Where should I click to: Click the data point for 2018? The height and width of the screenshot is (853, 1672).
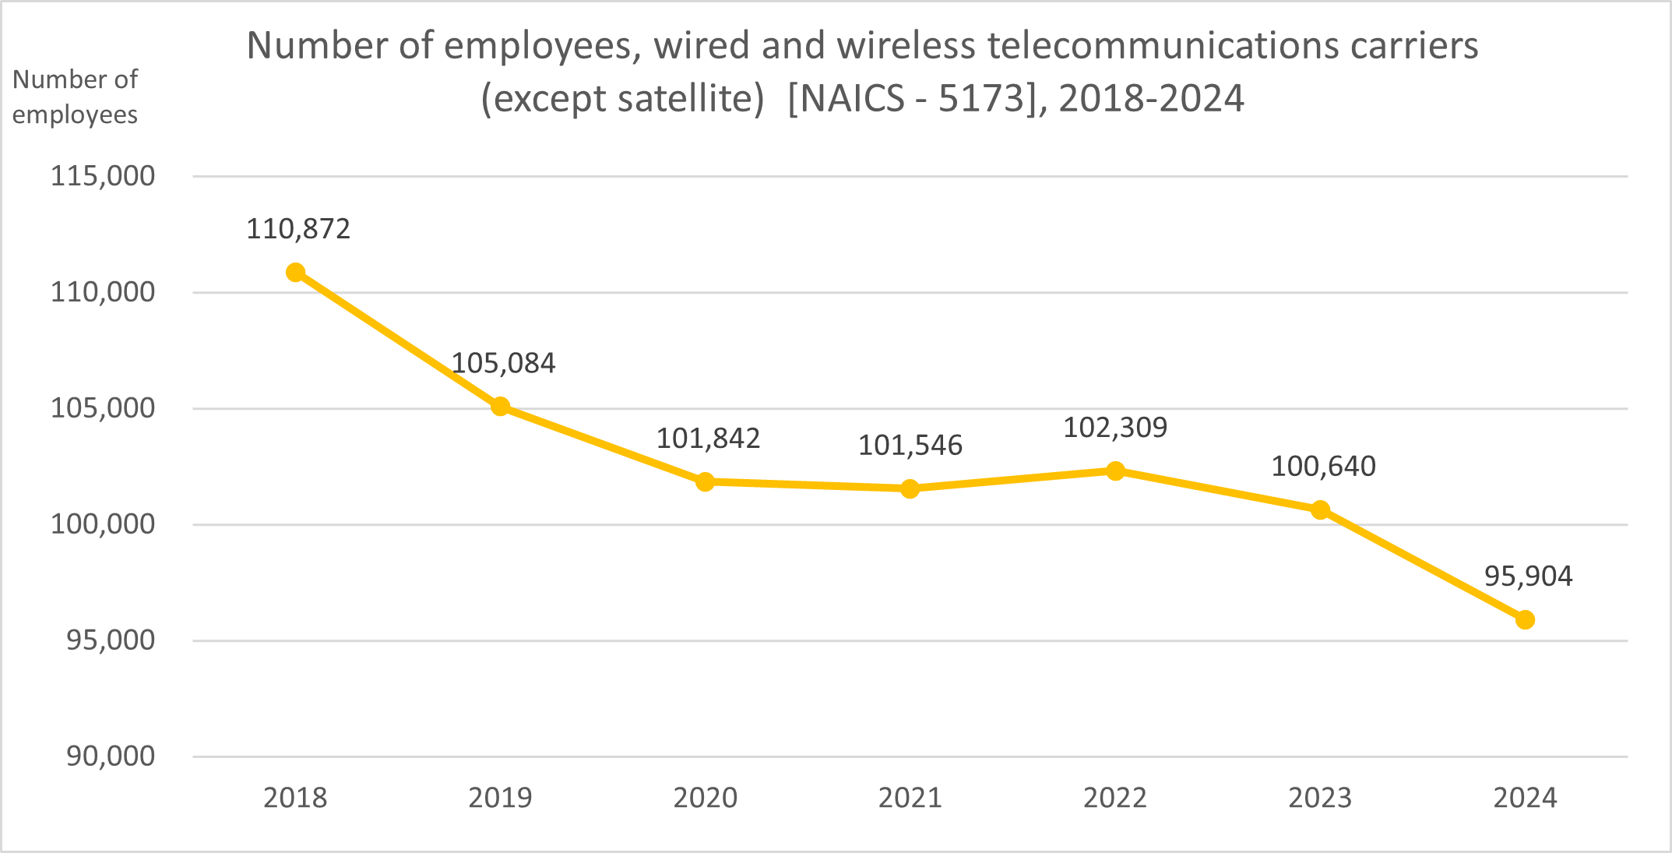pyautogui.click(x=295, y=272)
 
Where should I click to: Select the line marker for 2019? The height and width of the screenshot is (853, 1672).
pyautogui.click(x=500, y=406)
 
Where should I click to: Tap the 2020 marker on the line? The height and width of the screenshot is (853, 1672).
pyautogui.click(x=705, y=481)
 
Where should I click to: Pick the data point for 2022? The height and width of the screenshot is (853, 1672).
pyautogui.click(x=1115, y=471)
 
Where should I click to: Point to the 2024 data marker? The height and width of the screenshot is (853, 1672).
pyautogui.click(x=1525, y=619)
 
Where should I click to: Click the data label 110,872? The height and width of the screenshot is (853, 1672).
pyautogui.click(x=298, y=229)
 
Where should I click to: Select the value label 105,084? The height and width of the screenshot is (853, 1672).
pyautogui.click(x=503, y=363)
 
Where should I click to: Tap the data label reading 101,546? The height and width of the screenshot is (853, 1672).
pyautogui.click(x=910, y=446)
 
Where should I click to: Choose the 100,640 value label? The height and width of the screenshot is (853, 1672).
pyautogui.click(x=1323, y=467)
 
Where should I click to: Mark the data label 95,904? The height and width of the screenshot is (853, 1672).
pyautogui.click(x=1528, y=576)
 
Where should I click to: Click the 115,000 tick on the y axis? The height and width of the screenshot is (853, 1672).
pyautogui.click(x=103, y=176)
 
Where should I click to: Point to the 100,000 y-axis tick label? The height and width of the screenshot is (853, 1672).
pyautogui.click(x=103, y=524)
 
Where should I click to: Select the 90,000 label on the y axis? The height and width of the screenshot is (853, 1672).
pyautogui.click(x=110, y=756)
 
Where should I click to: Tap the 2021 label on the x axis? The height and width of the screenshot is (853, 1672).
pyautogui.click(x=910, y=798)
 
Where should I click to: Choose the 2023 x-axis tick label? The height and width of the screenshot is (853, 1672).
pyautogui.click(x=1320, y=798)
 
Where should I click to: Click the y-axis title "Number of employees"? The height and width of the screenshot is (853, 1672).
pyautogui.click(x=75, y=97)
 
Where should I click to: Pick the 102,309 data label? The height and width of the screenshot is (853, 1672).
pyautogui.click(x=1115, y=428)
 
